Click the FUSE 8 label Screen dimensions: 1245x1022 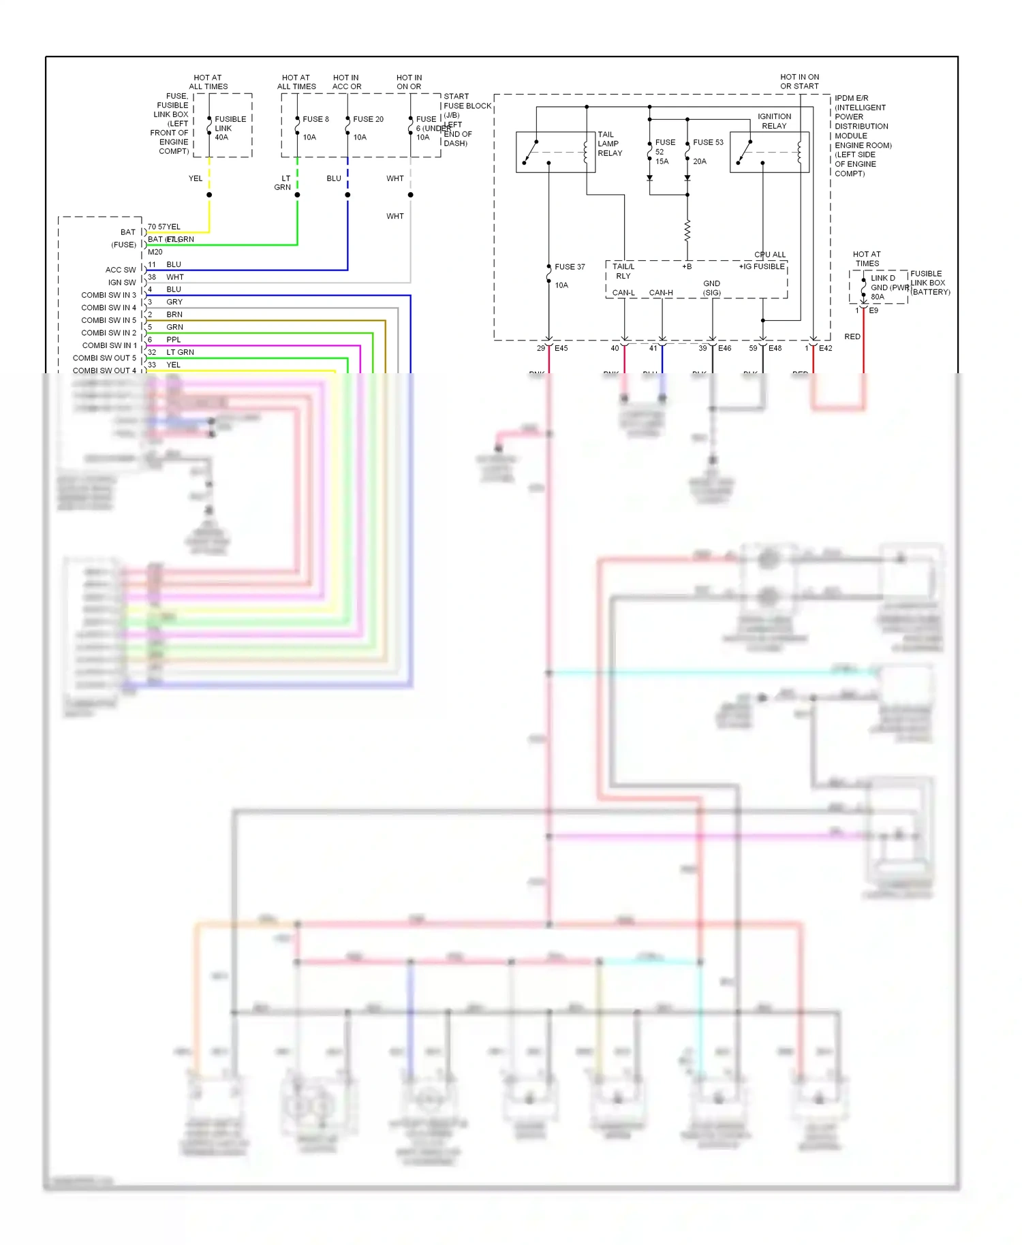tap(315, 119)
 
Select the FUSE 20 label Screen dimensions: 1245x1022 tap(368, 119)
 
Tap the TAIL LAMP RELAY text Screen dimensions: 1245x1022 tap(610, 144)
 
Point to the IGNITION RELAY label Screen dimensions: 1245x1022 tap(774, 121)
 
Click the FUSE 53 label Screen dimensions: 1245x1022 tap(708, 142)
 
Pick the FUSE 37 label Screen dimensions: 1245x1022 tap(570, 267)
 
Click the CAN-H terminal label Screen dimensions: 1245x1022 tap(660, 293)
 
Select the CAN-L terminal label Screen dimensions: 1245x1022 tap(623, 293)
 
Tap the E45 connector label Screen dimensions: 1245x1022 tap(561, 348)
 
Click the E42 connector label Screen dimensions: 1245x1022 tap(825, 348)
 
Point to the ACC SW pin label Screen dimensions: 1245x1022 tap(121, 270)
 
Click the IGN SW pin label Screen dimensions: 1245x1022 tap(122, 283)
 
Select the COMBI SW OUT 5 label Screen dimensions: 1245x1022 tap(104, 358)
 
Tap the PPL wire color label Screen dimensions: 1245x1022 tap(174, 340)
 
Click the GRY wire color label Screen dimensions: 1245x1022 tap(174, 302)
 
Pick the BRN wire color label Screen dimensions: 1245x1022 tap(174, 315)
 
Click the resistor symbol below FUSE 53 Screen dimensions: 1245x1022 tap(687, 231)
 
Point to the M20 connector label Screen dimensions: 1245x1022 tap(155, 252)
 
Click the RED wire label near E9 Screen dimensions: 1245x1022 tap(852, 336)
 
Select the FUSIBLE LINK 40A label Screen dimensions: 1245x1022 tap(230, 128)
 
